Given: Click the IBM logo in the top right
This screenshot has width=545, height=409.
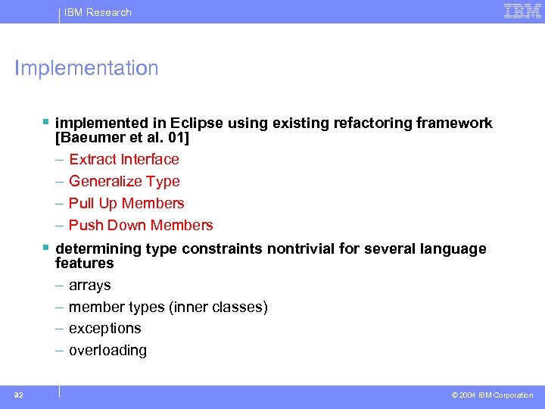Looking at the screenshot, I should point(522,11).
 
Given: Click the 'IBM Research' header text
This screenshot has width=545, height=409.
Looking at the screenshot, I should point(98,12).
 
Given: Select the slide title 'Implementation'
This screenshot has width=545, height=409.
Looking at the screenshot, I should point(87,68).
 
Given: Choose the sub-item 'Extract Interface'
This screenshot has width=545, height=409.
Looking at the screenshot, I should point(124,159).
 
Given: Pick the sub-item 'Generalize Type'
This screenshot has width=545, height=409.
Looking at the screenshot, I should point(124,181).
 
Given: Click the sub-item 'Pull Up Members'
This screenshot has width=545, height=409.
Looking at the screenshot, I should point(126,203).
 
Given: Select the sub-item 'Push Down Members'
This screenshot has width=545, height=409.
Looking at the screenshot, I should point(141,225).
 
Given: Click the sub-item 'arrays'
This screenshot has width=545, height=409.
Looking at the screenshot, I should point(90,285).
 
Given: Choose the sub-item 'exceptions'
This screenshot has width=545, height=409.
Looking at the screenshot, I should point(105,328).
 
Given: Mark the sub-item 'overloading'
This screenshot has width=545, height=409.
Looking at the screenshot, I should point(107,350).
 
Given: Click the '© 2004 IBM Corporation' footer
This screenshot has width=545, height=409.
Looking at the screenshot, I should point(492,395).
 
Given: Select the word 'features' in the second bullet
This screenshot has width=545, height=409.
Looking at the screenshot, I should point(84,263).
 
